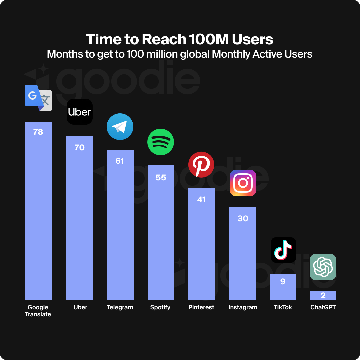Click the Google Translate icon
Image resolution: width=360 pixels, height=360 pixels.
click(38, 98)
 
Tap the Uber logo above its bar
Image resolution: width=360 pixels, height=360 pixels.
click(79, 112)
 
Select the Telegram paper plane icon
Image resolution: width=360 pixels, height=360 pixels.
click(120, 127)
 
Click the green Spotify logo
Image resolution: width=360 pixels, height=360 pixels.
click(161, 142)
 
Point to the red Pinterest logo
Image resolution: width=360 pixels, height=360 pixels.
click(201, 164)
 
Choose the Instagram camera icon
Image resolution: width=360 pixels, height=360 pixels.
click(243, 183)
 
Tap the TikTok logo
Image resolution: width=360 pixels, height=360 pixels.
click(283, 250)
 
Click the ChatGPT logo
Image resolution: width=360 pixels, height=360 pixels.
click(323, 267)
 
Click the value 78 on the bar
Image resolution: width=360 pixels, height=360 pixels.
click(38, 132)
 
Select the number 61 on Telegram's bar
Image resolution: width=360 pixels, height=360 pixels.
click(120, 161)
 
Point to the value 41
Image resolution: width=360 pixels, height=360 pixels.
click(201, 200)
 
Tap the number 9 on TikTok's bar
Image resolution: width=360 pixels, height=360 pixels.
click(283, 282)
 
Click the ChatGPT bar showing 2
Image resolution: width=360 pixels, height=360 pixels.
click(323, 295)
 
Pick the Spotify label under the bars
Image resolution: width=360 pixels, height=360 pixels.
click(160, 307)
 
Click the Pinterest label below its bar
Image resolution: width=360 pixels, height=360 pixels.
click(201, 307)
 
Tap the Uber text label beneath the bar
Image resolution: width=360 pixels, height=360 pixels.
click(80, 307)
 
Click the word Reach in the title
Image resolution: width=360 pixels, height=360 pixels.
click(164, 39)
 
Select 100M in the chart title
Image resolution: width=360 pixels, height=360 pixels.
click(209, 39)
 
